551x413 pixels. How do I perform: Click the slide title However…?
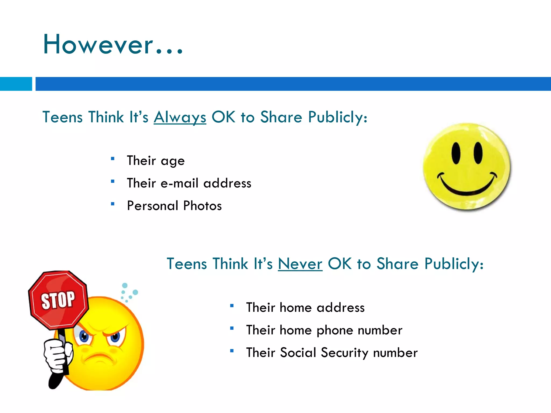[x=113, y=45]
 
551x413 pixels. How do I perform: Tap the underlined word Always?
[x=180, y=117]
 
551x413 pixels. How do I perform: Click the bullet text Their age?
[x=156, y=161]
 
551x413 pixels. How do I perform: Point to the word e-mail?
[x=179, y=183]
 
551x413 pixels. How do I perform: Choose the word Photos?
[x=202, y=206]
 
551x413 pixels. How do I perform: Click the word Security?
[x=344, y=353]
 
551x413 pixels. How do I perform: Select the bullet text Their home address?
[x=305, y=307]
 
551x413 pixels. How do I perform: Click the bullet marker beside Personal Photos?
[x=112, y=204]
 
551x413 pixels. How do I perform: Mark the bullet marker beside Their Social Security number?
[x=232, y=351]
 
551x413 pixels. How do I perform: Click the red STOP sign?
[x=58, y=300]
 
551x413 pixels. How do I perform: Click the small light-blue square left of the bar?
[x=16, y=84]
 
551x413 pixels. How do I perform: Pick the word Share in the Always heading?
[x=281, y=117]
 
